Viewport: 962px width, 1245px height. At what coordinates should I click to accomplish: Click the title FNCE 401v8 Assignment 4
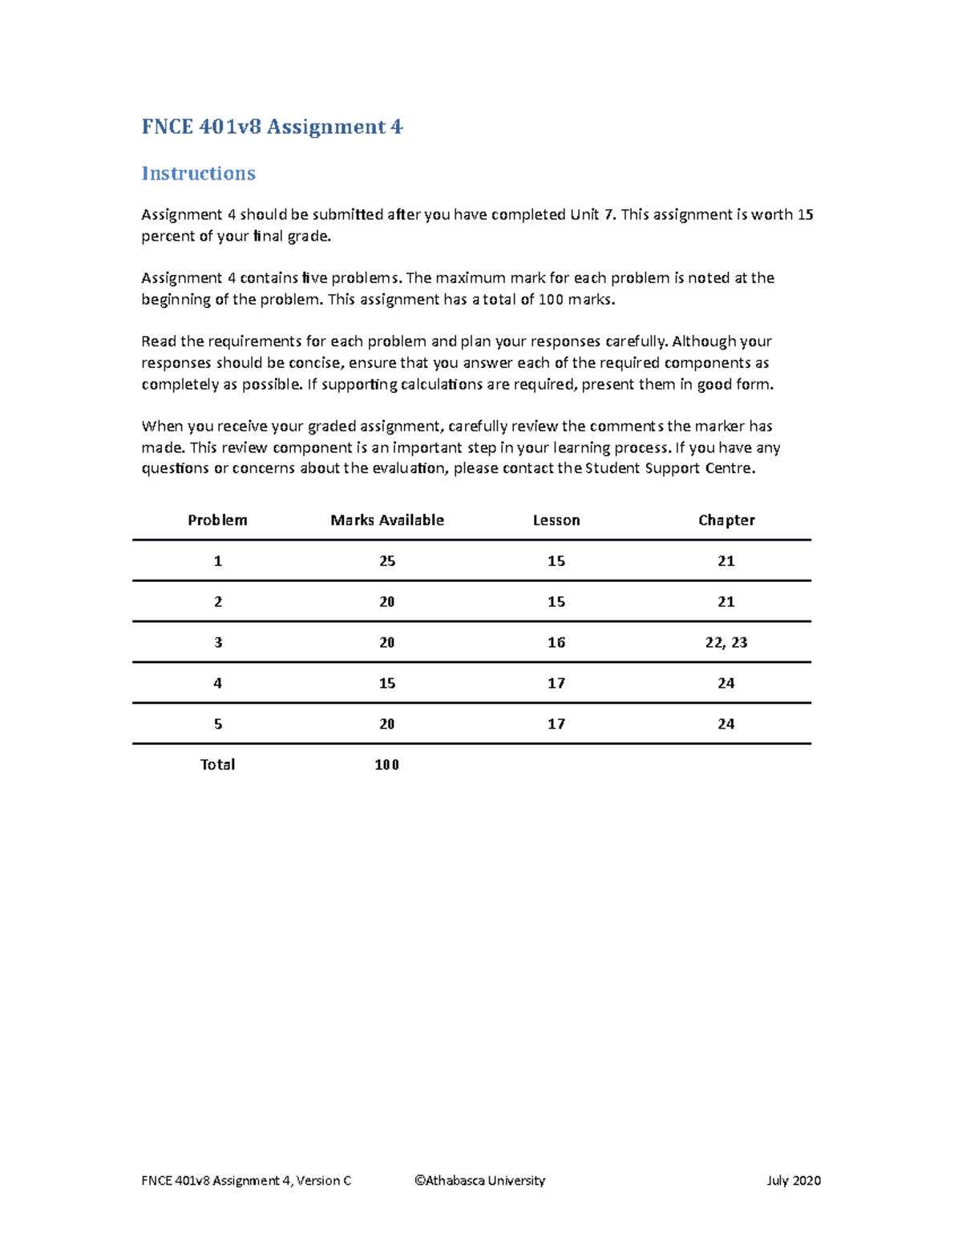[x=272, y=127]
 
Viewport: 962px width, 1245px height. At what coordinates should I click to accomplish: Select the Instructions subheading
[x=198, y=173]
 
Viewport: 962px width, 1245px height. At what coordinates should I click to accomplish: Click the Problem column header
[x=217, y=520]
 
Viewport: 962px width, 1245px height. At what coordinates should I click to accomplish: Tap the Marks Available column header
[x=387, y=520]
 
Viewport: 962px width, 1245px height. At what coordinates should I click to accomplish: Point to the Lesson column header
[x=556, y=520]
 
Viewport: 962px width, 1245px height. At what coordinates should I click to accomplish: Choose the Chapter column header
[x=726, y=520]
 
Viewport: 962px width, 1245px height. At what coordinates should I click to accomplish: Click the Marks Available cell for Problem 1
[x=387, y=561]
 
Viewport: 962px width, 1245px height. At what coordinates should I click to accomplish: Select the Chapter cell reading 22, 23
[x=726, y=643]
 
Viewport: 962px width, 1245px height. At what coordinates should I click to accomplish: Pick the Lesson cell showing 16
[x=556, y=643]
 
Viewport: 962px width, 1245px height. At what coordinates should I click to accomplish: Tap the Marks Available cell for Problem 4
[x=387, y=684]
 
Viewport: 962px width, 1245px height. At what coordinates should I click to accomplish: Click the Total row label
[x=217, y=765]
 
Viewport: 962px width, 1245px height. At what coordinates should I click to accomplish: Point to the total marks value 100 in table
[x=387, y=765]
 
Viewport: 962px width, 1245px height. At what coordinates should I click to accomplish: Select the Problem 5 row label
[x=217, y=724]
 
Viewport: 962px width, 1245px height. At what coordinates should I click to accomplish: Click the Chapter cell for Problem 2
[x=726, y=602]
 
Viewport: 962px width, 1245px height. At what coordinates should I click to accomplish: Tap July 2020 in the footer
[x=794, y=1181]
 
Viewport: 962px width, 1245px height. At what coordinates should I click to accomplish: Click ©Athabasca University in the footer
[x=479, y=1181]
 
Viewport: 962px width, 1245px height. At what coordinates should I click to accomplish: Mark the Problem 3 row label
[x=217, y=643]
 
